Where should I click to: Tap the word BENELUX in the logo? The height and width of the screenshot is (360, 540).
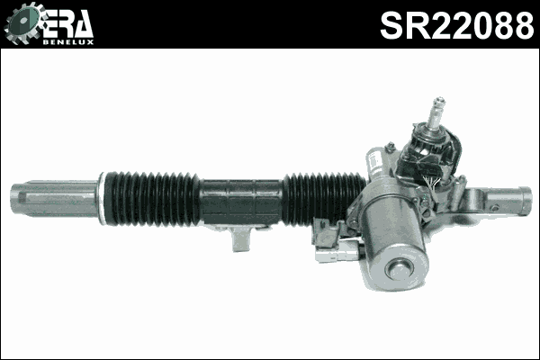click(67, 40)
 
